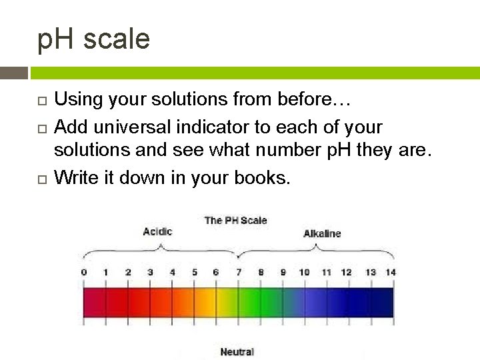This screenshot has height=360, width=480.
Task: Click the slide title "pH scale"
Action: (93, 39)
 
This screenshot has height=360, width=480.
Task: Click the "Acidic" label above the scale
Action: (157, 231)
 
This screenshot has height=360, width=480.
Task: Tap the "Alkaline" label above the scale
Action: (322, 233)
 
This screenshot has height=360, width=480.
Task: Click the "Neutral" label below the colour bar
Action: (237, 351)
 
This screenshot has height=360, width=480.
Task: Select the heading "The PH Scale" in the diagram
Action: (235, 220)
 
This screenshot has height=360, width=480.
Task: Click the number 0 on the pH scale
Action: (84, 272)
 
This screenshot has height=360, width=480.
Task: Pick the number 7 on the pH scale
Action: (238, 272)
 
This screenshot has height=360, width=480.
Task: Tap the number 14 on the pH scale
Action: (391, 272)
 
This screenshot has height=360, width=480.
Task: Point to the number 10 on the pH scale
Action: (304, 272)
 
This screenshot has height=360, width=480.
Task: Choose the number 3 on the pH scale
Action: (150, 272)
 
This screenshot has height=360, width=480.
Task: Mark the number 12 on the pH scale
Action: (347, 272)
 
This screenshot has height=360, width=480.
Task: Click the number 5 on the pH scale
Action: (195, 272)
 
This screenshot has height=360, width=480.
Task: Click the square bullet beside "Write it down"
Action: (41, 179)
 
